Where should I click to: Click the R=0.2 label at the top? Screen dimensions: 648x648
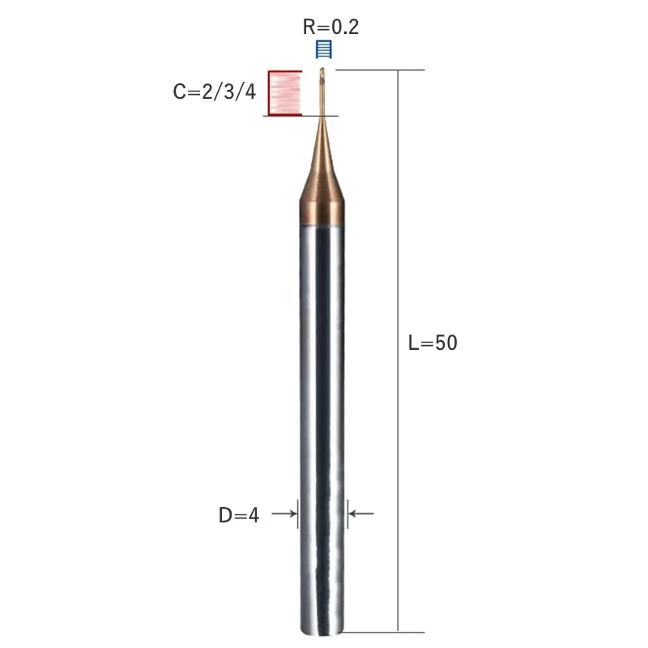pyautogui.click(x=330, y=28)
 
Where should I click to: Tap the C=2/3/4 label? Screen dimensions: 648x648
pyautogui.click(x=214, y=92)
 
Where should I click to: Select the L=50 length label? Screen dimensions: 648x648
pyautogui.click(x=433, y=343)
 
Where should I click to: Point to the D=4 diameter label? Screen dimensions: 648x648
pyautogui.click(x=238, y=515)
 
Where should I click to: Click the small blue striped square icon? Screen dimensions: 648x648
pyautogui.click(x=323, y=49)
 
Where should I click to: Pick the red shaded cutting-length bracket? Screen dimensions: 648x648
pyautogui.click(x=285, y=93)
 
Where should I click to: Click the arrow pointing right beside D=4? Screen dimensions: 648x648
pyautogui.click(x=284, y=514)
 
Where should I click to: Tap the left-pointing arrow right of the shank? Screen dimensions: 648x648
pyautogui.click(x=361, y=514)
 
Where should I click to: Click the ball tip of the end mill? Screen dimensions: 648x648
pyautogui.click(x=322, y=71)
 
